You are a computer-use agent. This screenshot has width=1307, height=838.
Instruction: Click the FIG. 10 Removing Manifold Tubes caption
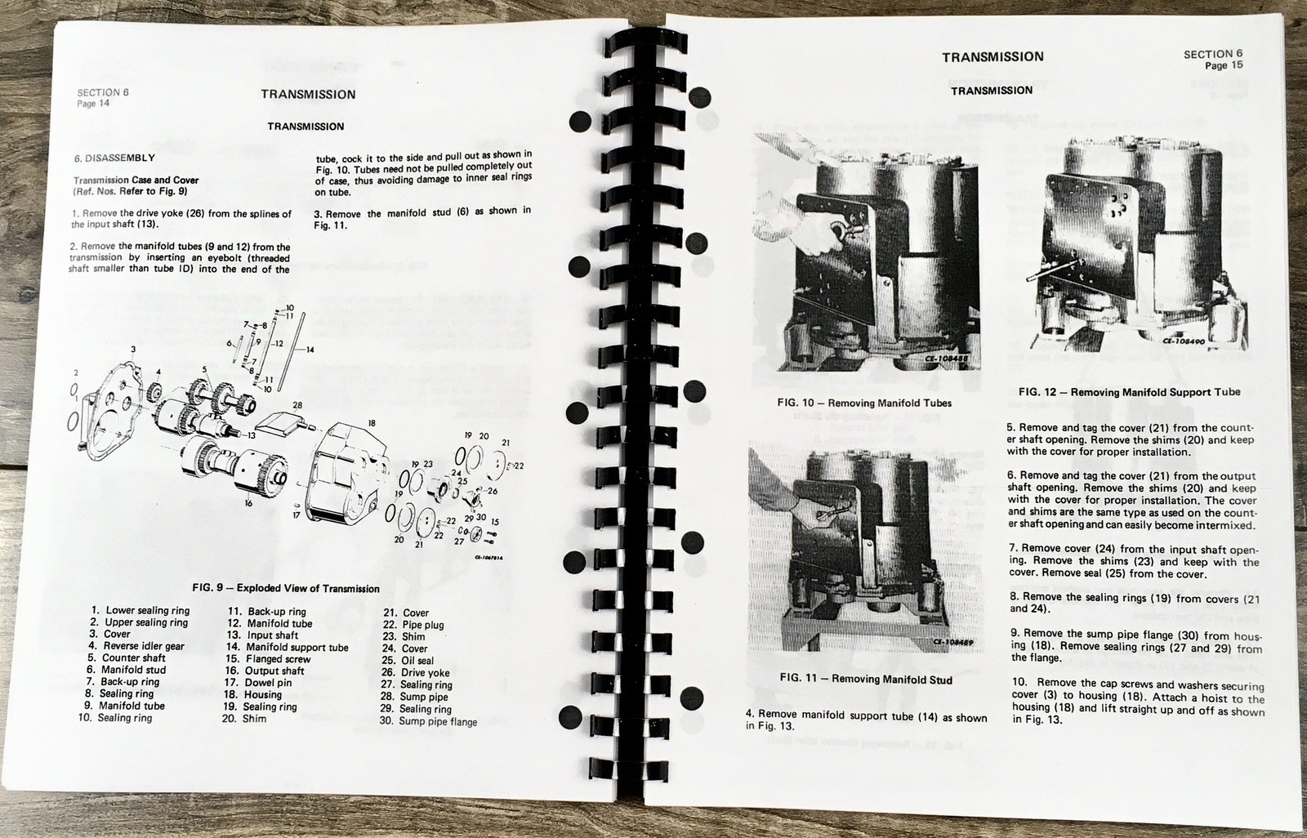(x=864, y=403)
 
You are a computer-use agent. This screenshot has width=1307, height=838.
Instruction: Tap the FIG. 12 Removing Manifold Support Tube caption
(x=1130, y=392)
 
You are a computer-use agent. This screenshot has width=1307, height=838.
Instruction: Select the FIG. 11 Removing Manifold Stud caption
(x=866, y=679)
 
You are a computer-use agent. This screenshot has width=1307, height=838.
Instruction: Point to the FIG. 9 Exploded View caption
(x=285, y=588)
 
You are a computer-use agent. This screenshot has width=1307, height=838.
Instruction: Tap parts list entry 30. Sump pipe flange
(x=428, y=721)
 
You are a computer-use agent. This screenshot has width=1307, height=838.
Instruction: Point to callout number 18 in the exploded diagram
(x=372, y=423)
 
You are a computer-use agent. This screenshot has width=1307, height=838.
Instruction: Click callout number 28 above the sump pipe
(x=297, y=405)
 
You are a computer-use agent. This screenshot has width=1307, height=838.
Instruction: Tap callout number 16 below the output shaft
(x=248, y=503)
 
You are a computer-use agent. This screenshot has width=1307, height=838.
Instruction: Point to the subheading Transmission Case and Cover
(x=136, y=181)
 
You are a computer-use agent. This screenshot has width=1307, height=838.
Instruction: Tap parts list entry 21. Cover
(x=405, y=613)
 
